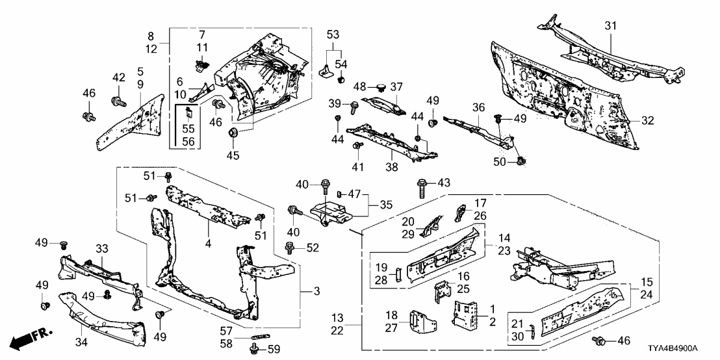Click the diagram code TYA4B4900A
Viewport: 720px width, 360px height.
pos(680,349)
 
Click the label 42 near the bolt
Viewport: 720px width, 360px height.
pos(118,78)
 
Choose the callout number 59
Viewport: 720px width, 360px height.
pos(274,350)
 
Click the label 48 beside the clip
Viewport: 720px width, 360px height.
pos(359,86)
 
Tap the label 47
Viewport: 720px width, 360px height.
pos(354,194)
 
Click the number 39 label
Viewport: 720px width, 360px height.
pos(334,105)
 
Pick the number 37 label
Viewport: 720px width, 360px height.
pos(396,86)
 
